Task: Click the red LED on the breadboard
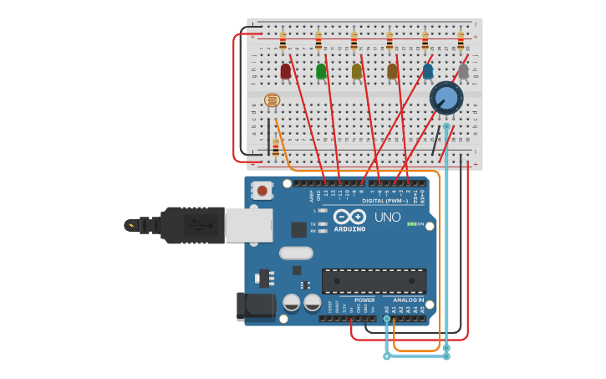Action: pyautogui.click(x=286, y=71)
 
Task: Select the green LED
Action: pyautogui.click(x=321, y=71)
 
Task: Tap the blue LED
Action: pyautogui.click(x=428, y=71)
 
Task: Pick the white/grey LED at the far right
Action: pyautogui.click(x=463, y=71)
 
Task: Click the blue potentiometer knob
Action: pyautogui.click(x=446, y=98)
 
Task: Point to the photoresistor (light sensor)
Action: pyautogui.click(x=272, y=100)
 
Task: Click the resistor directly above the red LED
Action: pyautogui.click(x=283, y=39)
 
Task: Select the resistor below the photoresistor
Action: pyautogui.click(x=276, y=148)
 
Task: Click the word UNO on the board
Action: pyautogui.click(x=387, y=217)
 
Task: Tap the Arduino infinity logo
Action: pyautogui.click(x=349, y=216)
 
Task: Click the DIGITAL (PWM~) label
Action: pyautogui.click(x=385, y=201)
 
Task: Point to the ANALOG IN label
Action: pyautogui.click(x=408, y=300)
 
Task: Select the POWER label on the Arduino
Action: pyautogui.click(x=364, y=300)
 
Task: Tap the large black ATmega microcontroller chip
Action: pyautogui.click(x=374, y=280)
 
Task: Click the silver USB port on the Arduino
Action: pyautogui.click(x=248, y=225)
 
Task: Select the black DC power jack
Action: pyautogui.click(x=255, y=306)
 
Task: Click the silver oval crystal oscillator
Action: pyautogui.click(x=296, y=253)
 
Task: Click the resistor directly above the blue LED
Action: pyautogui.click(x=425, y=39)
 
